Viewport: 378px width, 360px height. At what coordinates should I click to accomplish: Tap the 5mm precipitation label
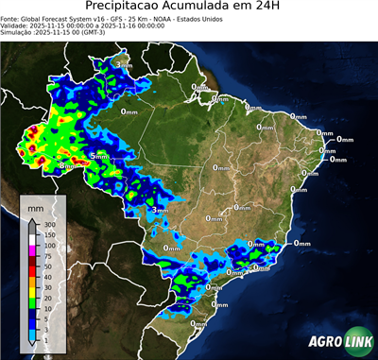pyautogui.click(x=97, y=155)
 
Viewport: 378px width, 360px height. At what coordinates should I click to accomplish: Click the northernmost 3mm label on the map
pyautogui.click(x=124, y=64)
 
